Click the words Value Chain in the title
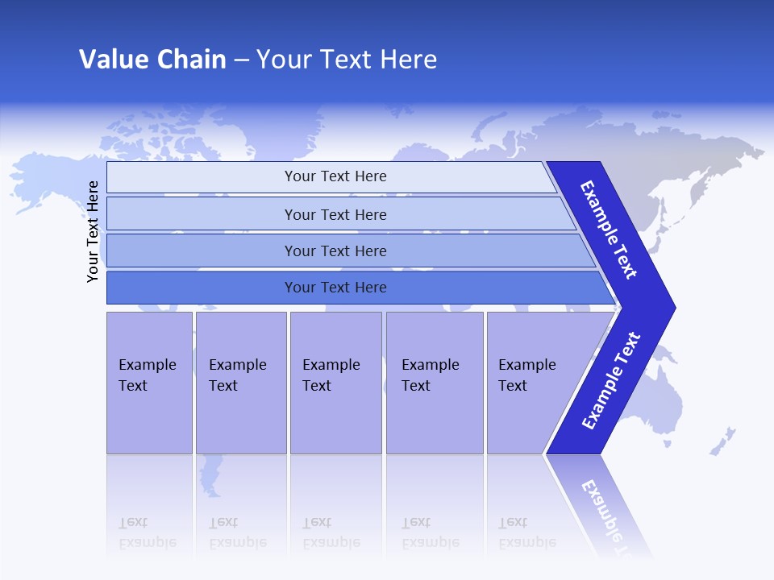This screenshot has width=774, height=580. (x=152, y=60)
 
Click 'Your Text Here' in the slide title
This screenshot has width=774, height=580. (x=347, y=60)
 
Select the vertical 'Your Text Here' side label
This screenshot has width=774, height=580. (x=93, y=232)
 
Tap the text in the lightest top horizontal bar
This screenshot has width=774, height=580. (x=335, y=176)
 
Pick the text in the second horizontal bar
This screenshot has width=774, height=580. (x=335, y=215)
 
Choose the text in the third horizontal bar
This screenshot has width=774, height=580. (x=335, y=251)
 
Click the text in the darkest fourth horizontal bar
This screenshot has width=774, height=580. (x=335, y=288)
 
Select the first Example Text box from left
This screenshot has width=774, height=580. (x=148, y=375)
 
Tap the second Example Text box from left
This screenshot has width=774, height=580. (x=239, y=375)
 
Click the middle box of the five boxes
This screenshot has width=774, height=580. (x=334, y=375)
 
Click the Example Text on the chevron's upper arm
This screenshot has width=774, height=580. (x=609, y=230)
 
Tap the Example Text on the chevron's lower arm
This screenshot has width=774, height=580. (x=610, y=381)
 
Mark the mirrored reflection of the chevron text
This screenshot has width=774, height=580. (x=609, y=516)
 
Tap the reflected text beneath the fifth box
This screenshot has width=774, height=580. (x=526, y=532)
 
